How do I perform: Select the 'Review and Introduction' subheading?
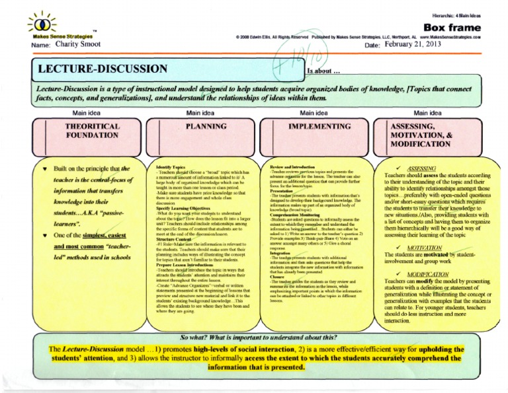(292, 168)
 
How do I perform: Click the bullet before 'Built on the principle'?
(44, 168)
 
